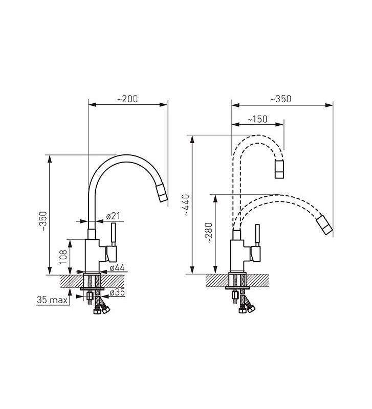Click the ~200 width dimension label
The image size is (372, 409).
[x=127, y=99]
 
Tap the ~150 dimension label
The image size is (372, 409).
[x=257, y=119]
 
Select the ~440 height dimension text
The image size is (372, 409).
[x=186, y=205]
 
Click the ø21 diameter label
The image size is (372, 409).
[x=113, y=216]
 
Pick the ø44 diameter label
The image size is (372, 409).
[x=117, y=267]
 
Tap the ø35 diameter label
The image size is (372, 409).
[x=117, y=292]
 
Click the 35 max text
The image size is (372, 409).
[x=52, y=300]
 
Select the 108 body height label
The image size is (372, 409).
[x=63, y=257]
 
